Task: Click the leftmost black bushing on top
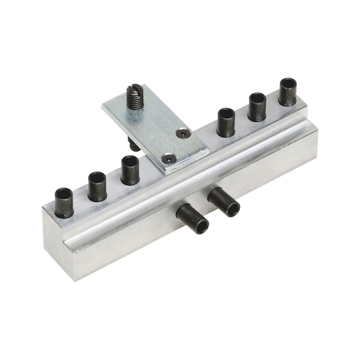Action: coord(64,202)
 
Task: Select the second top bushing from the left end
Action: coord(97,186)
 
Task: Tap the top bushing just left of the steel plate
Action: coord(129,170)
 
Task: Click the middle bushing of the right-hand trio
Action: coord(257,106)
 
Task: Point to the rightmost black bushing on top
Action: coord(287,91)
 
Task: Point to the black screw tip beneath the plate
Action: coord(134,145)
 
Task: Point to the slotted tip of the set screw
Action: coord(134,90)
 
